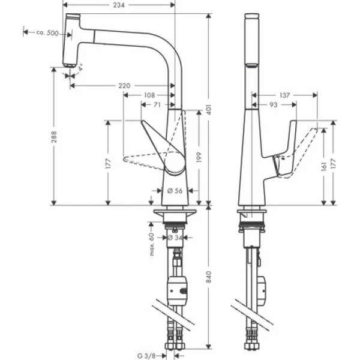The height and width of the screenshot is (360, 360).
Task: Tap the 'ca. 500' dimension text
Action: [47, 32]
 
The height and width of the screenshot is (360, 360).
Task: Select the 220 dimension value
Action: [124, 86]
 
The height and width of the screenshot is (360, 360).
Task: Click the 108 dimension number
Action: [149, 95]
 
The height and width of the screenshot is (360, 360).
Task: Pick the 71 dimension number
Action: [156, 104]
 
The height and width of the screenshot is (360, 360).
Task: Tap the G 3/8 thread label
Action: [147, 354]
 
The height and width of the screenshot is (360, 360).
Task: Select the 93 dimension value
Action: [274, 105]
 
